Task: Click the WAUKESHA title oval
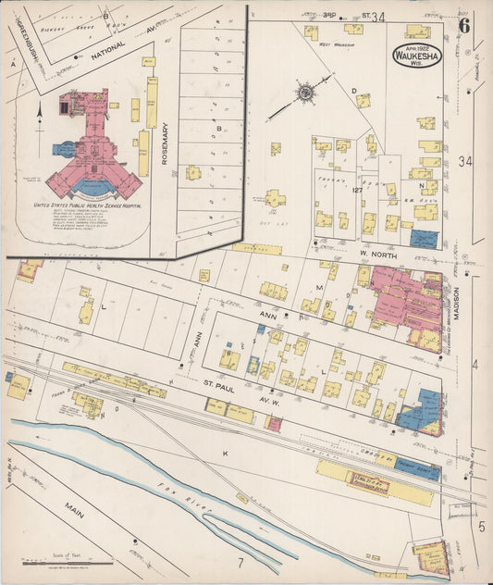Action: coord(418,55)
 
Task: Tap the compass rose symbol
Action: coord(304,92)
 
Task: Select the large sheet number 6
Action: coord(464,25)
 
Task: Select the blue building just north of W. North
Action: coord(424,239)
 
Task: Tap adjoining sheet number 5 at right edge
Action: coord(482,527)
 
